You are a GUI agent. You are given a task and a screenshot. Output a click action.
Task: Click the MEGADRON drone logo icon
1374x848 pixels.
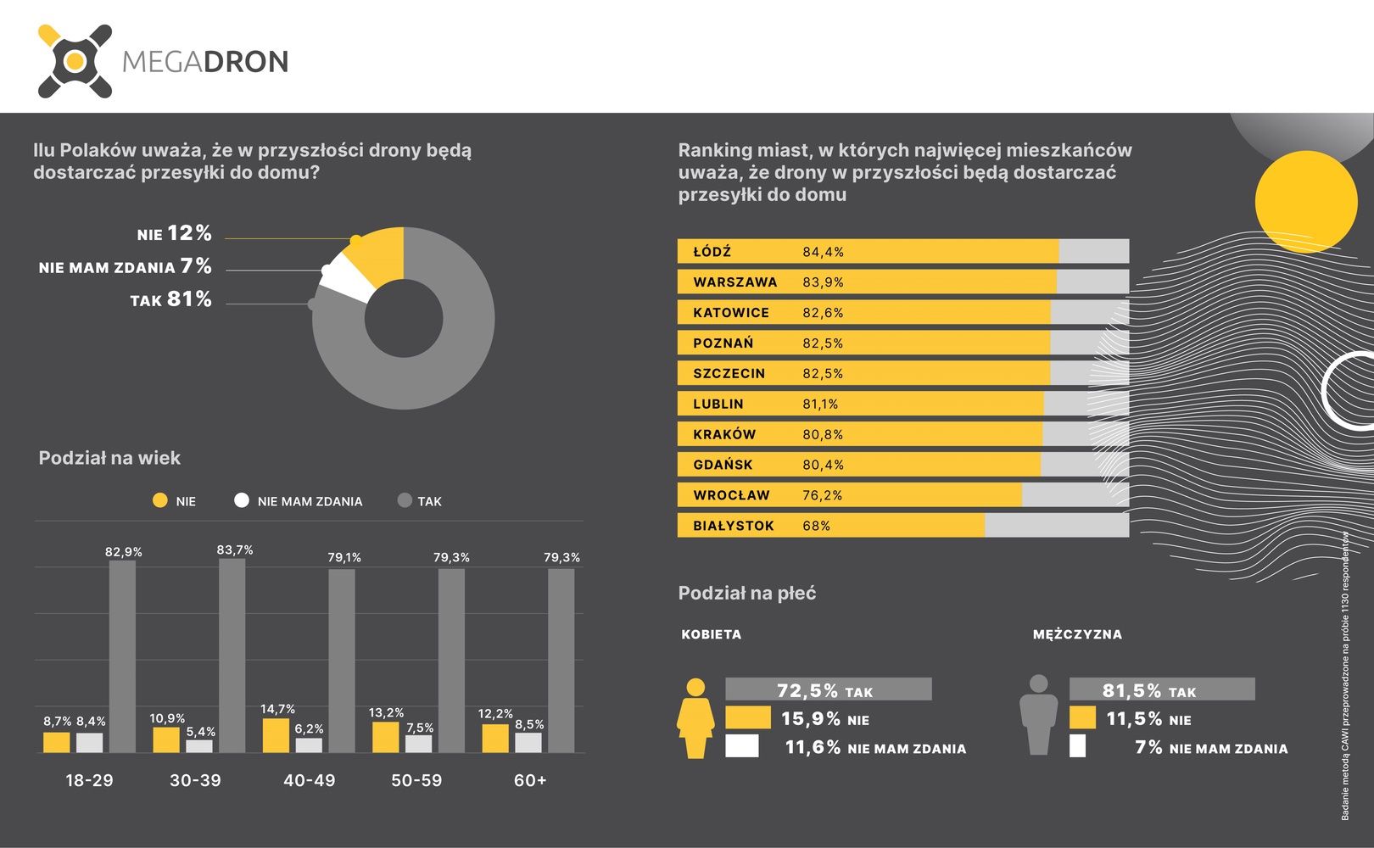coord(75,61)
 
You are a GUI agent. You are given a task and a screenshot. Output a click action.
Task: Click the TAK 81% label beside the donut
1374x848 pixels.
coord(171,299)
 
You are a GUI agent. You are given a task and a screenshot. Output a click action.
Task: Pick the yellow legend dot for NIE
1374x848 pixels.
coord(160,500)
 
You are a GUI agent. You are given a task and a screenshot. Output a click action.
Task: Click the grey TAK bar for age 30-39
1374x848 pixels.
coord(232,656)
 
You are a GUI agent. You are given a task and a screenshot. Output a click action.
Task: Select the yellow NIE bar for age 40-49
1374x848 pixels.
coord(276,736)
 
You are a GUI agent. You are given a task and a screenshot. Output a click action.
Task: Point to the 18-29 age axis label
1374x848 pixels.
coord(90,780)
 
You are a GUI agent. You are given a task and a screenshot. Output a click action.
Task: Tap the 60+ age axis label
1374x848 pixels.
coord(530,780)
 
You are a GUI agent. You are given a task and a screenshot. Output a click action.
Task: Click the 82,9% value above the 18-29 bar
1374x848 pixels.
coord(123,552)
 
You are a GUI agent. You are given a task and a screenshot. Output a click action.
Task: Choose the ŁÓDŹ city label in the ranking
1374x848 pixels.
coord(712,251)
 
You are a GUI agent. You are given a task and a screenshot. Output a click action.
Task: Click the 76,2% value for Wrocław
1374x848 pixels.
coord(823,495)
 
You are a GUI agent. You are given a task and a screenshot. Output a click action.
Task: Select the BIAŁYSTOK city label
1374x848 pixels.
coord(734,526)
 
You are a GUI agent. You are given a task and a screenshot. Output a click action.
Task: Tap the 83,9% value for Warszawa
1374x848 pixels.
coord(824,282)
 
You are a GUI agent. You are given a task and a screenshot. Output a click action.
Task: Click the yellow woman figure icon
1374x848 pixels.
coord(695,718)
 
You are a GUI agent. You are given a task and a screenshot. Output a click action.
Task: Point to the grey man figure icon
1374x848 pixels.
coord(1038,715)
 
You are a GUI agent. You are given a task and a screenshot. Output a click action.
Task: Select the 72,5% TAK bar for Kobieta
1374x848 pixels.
coord(829,689)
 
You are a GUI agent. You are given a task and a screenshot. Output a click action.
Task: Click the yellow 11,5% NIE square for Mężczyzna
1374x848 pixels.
coord(1082,717)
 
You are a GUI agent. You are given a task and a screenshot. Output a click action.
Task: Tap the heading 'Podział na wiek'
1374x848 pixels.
coord(109,458)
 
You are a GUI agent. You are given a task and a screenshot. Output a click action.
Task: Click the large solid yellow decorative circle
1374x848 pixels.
coord(1306,202)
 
